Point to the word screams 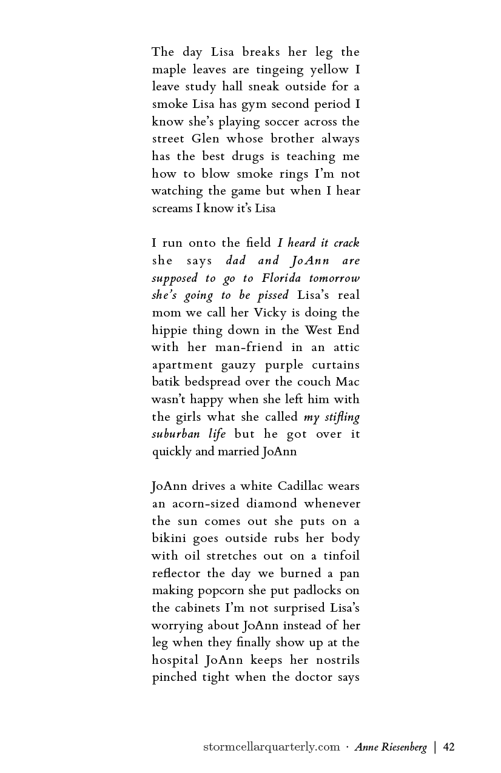[172, 209]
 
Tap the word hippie [168, 330]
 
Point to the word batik [165, 383]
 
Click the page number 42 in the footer [449, 747]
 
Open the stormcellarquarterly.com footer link [271, 747]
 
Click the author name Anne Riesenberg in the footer [391, 747]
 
